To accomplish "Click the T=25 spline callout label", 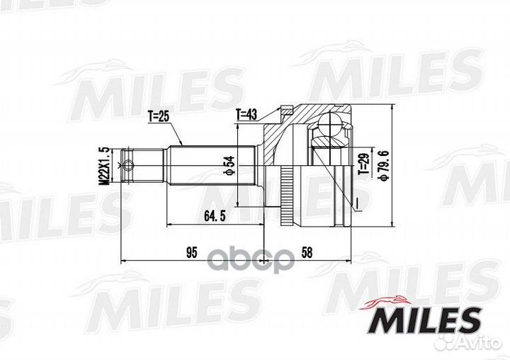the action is (159, 116).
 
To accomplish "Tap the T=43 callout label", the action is (246, 114).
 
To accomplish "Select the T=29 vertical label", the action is (364, 164).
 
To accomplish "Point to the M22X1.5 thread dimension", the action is (104, 167).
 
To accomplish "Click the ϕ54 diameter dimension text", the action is (229, 166).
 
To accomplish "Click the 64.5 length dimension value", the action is (215, 215).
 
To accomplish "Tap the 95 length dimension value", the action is (192, 252).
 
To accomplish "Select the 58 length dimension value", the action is (307, 252).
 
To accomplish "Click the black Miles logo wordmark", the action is (426, 320).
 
